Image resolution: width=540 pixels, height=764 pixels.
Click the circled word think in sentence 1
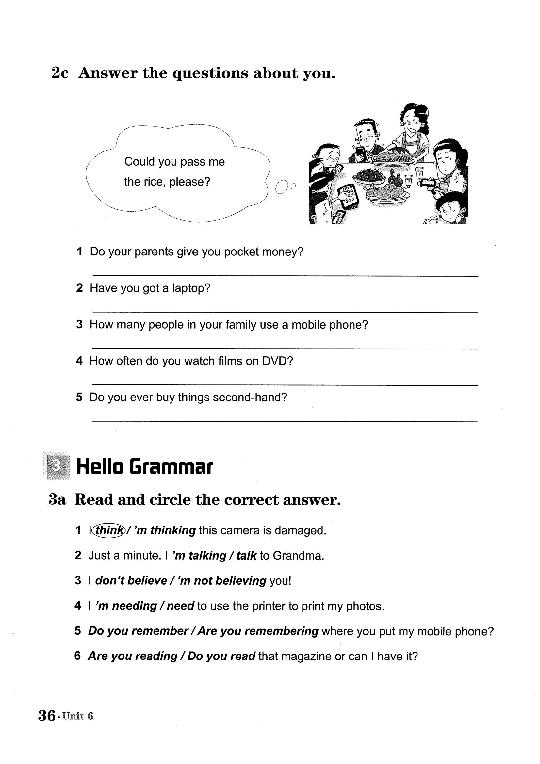point(109,530)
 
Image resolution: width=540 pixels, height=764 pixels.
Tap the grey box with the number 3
point(57,466)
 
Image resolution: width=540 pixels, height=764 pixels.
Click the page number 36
point(47,715)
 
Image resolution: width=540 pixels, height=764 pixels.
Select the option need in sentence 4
point(180,606)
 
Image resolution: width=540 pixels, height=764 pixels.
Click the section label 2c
point(60,73)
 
